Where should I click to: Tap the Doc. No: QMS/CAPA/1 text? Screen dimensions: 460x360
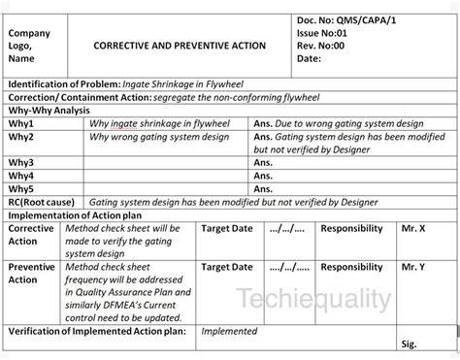tap(345, 18)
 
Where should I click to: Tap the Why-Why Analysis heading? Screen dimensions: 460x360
tap(48, 112)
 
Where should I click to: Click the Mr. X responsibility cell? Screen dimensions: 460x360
tap(413, 228)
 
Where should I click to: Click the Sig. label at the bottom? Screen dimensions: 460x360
tap(409, 344)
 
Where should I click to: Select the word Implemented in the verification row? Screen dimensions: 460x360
tap(229, 331)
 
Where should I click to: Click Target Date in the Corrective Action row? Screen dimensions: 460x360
tap(226, 228)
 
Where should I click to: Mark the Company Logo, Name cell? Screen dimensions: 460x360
tap(30, 46)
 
